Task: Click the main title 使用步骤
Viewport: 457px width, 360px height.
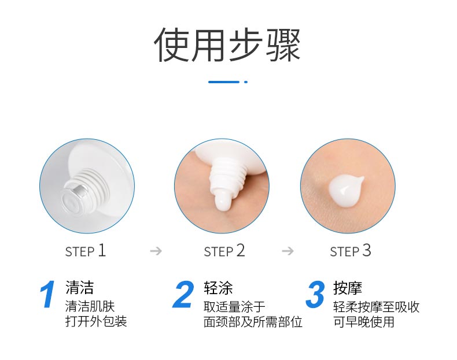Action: (x=227, y=45)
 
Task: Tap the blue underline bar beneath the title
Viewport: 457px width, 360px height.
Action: (x=224, y=82)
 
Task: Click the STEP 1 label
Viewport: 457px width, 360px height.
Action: (x=86, y=251)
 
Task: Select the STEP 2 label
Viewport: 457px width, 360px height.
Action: (x=224, y=251)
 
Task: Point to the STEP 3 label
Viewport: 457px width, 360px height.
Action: (x=351, y=251)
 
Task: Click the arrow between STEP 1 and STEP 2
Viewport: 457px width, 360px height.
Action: (x=156, y=251)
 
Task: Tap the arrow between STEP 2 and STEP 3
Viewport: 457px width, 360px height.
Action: (x=288, y=251)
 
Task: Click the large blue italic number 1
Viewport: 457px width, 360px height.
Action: (x=48, y=295)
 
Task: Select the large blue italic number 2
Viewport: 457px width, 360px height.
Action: (x=183, y=295)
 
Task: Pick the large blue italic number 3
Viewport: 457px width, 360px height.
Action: (x=315, y=295)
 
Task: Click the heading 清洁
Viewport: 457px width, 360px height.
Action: (x=80, y=288)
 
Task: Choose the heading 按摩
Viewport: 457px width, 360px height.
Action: (x=348, y=288)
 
